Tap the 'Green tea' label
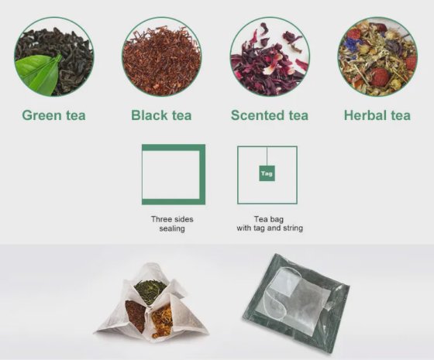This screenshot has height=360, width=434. coord(53,115)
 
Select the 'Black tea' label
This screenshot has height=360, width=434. coord(161,115)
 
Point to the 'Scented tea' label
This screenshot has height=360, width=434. coord(270,115)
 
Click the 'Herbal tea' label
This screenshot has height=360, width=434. coord(377,115)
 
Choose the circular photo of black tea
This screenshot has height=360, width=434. coord(162,57)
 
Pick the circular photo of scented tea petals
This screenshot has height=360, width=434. coord(270,57)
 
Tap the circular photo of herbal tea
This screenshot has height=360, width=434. coord(377,57)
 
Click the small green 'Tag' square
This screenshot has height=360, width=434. coord(267,173)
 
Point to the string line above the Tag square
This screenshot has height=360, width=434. coord(267,156)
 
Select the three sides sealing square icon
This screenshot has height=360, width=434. coord(174,174)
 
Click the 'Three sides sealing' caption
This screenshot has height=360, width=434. coord(172,224)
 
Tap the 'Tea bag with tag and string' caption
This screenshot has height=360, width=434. coord(270,224)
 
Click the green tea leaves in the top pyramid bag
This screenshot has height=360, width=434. coord(150,292)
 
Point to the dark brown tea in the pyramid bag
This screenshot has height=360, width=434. coord(136,315)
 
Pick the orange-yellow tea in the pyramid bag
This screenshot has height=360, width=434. coord(161,321)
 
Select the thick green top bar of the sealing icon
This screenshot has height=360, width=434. coord(174,147)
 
